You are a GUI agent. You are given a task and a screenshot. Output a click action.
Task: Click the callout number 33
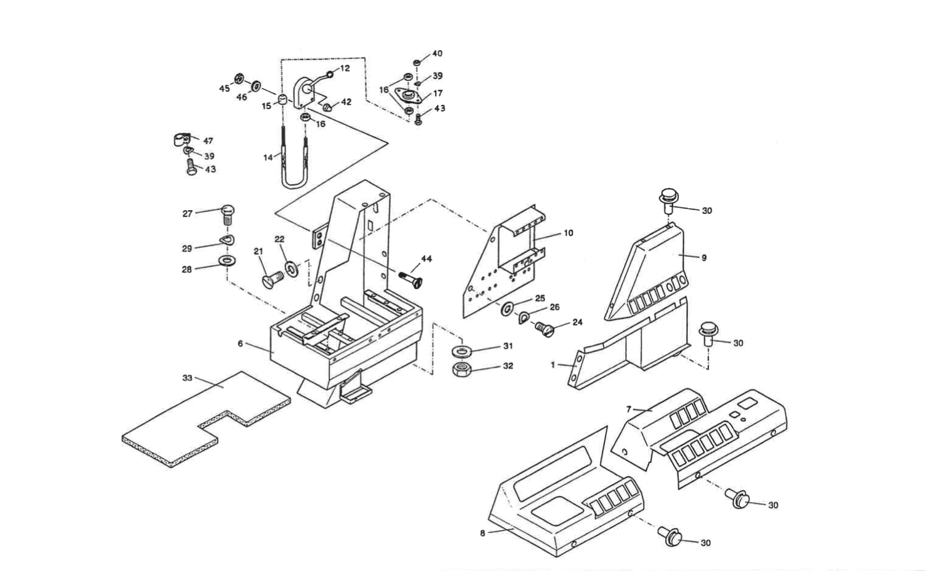[187, 378]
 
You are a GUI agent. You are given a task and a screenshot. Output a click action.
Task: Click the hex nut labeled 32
[462, 368]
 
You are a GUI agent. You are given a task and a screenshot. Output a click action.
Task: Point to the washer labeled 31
[462, 350]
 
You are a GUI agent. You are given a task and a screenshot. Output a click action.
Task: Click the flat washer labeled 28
[227, 260]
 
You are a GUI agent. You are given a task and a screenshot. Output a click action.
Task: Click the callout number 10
[568, 233]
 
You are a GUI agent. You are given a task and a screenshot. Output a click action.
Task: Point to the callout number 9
[704, 257]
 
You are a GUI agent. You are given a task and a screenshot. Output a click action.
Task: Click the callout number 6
[240, 343]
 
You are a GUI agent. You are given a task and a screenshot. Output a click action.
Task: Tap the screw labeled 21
[269, 278]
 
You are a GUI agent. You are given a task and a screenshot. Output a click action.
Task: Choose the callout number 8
[482, 533]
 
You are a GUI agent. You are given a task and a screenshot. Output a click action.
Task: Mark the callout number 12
[345, 68]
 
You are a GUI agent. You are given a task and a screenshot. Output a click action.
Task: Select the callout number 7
[629, 409]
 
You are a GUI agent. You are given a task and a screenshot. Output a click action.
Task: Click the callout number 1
[553, 365]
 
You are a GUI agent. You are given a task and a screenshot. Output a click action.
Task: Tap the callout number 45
[224, 88]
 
